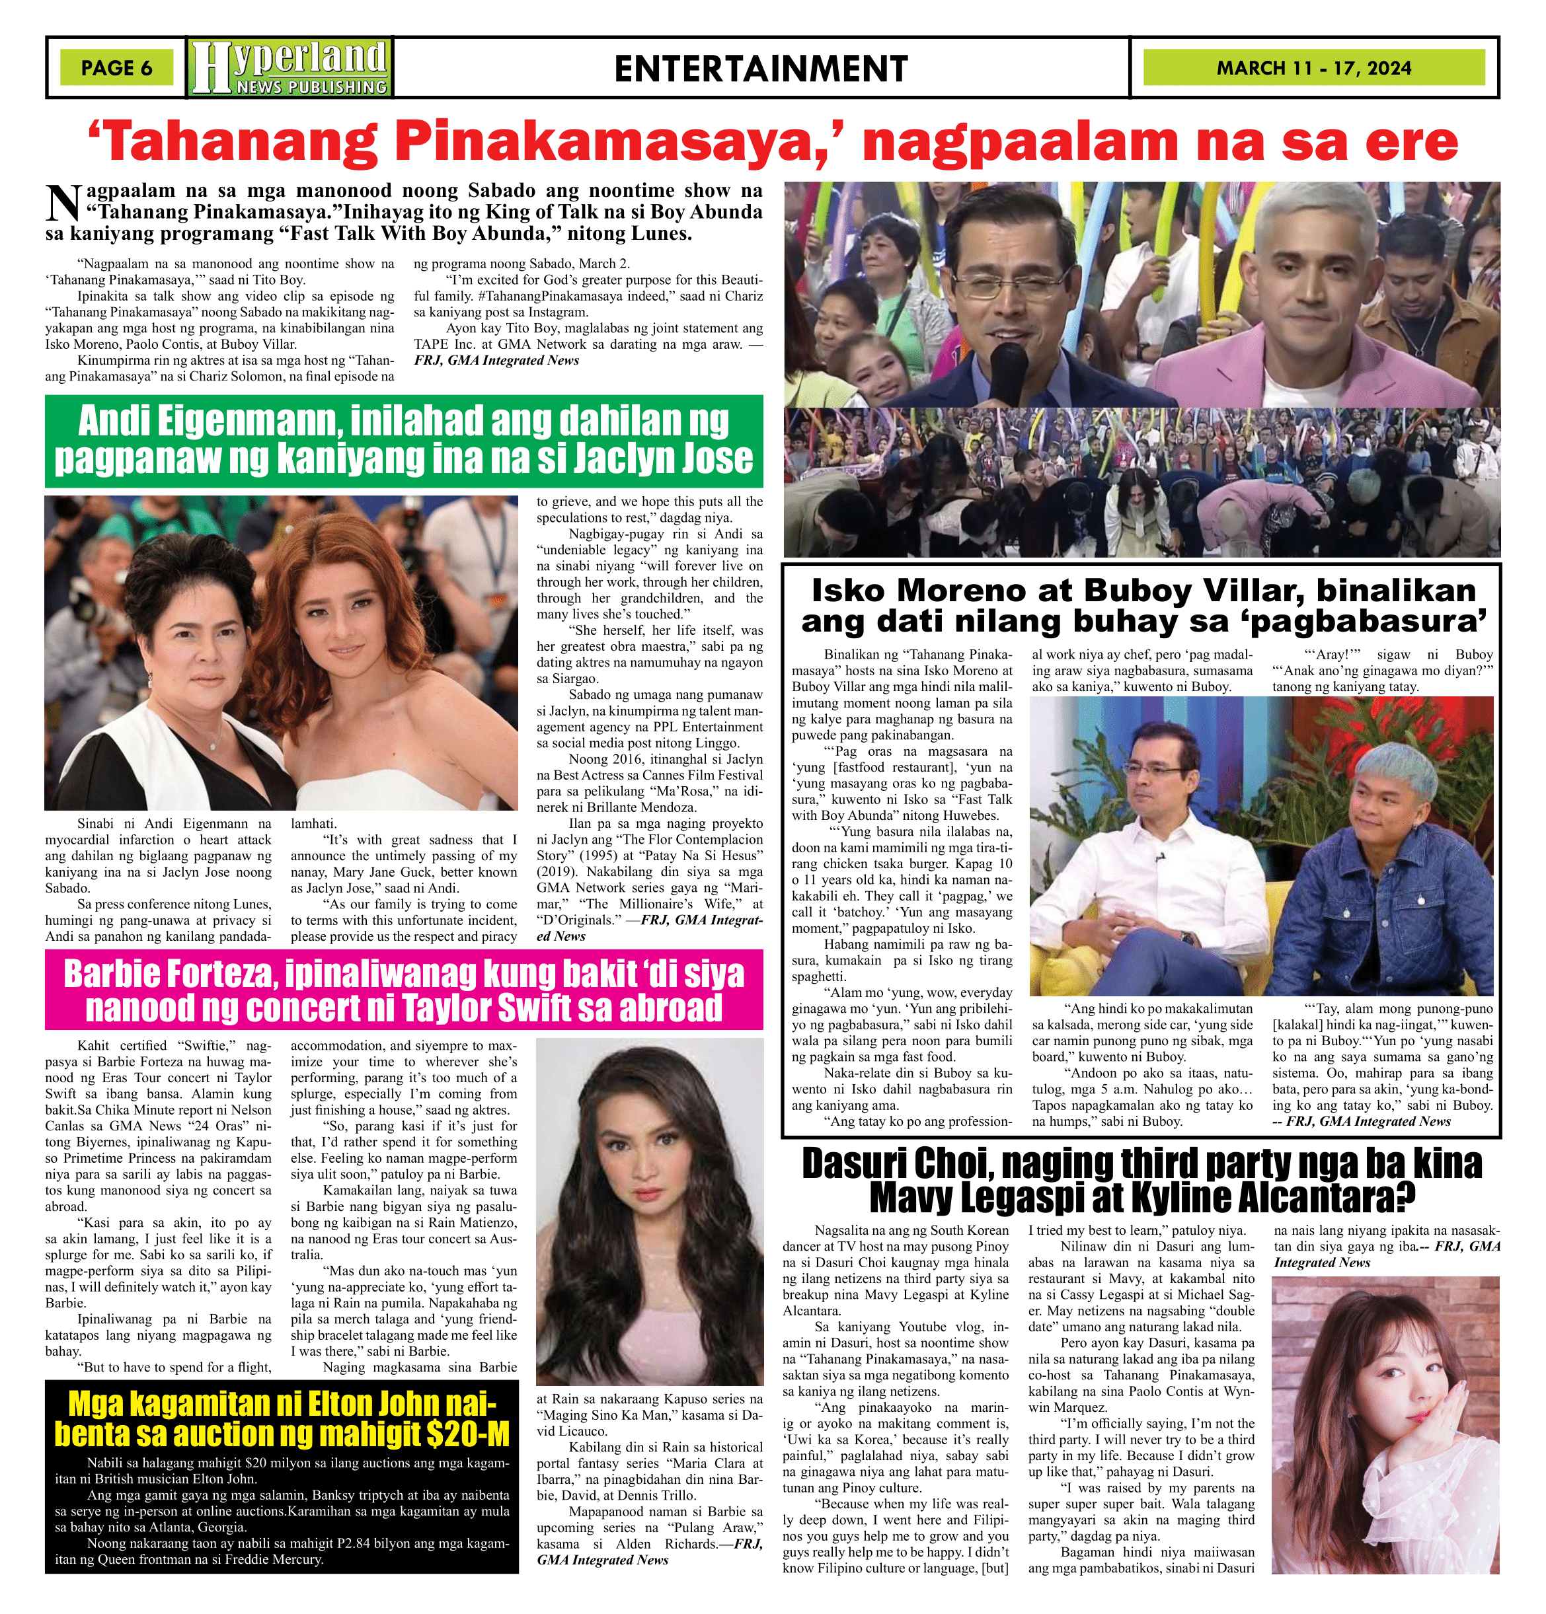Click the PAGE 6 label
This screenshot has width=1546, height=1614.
[x=116, y=67]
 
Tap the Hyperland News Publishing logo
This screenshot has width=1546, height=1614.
[x=290, y=67]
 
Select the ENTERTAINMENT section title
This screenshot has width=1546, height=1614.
[x=760, y=68]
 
